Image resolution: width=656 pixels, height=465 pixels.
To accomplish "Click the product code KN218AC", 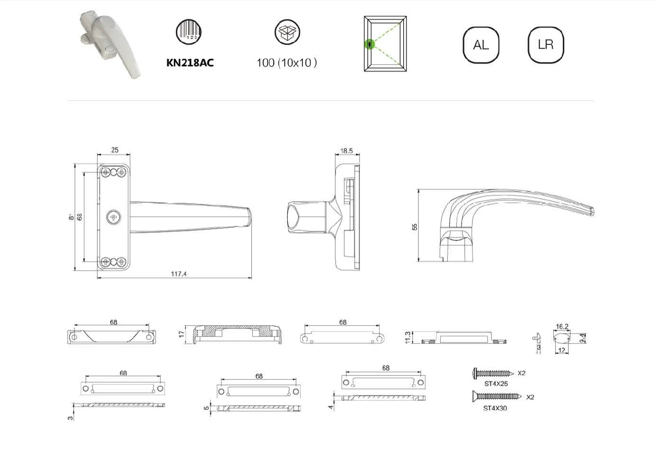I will (x=190, y=63).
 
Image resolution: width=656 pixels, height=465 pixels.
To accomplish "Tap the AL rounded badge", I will (x=481, y=45).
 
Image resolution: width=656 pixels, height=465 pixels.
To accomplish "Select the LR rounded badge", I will (x=546, y=45).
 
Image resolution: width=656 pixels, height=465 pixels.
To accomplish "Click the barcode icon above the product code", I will (x=188, y=31).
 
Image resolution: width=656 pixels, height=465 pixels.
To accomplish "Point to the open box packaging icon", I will (x=287, y=32).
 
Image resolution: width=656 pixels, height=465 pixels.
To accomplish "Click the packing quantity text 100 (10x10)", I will (x=287, y=63).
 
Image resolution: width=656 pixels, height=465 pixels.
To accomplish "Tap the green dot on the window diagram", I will (x=369, y=44).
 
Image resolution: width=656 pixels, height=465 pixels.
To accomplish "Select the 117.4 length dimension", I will (x=178, y=274).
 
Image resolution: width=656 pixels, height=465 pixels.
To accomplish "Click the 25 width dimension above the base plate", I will (x=115, y=150).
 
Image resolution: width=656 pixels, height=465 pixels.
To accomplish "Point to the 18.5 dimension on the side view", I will (x=346, y=151).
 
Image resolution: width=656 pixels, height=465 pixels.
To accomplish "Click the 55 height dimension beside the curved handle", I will (x=415, y=227).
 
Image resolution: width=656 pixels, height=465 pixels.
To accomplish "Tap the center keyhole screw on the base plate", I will (x=114, y=217).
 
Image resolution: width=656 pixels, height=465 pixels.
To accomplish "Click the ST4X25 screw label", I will (x=496, y=384).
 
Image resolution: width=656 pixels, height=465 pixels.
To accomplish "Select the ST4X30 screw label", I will (x=495, y=408).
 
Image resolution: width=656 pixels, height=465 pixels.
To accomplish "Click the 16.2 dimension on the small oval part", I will (x=562, y=326).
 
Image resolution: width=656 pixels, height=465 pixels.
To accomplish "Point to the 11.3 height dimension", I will (x=408, y=337).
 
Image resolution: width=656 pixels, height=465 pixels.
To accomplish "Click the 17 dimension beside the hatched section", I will (x=182, y=334).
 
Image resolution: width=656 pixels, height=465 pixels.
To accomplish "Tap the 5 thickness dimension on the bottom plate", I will (x=207, y=408).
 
